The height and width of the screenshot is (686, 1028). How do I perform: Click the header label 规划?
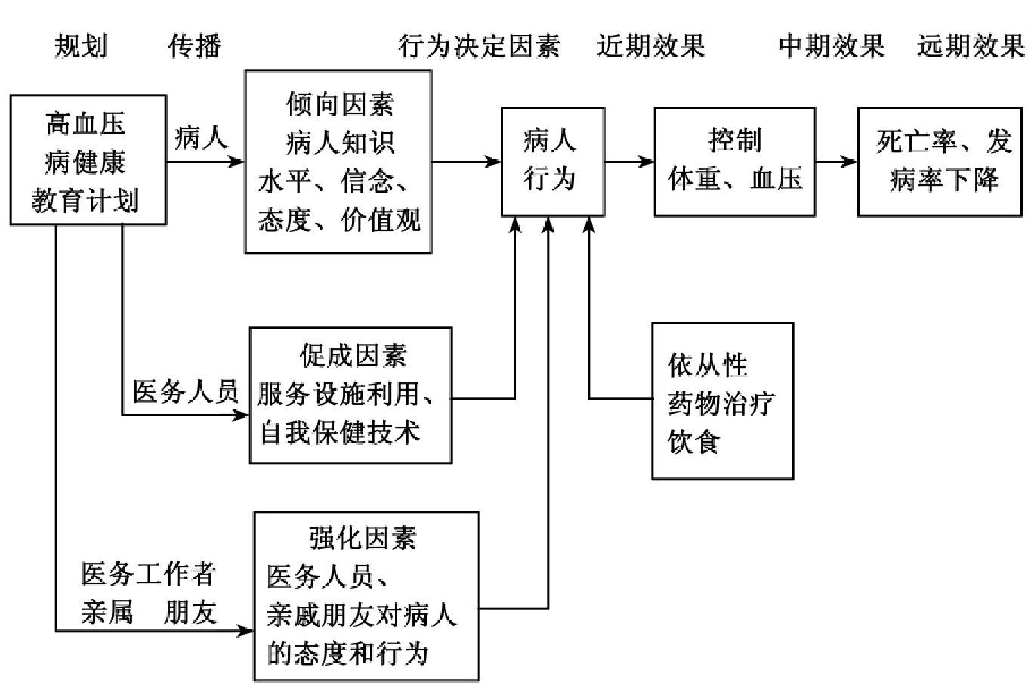80,47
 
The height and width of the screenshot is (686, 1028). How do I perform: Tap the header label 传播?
194,47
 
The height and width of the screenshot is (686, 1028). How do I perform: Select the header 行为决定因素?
480,47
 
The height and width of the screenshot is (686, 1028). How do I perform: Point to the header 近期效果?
651,47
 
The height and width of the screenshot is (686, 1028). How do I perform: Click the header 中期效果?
832,47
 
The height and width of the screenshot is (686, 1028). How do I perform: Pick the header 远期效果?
971,47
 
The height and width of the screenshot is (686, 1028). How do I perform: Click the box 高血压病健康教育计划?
88,160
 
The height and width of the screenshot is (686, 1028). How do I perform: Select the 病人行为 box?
553,160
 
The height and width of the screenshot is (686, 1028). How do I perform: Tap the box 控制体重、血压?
734,160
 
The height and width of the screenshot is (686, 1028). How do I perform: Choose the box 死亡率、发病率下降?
943,160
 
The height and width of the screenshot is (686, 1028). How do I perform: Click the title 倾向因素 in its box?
340,104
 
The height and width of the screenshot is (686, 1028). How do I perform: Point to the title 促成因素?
352,355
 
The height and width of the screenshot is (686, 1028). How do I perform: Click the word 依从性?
707,366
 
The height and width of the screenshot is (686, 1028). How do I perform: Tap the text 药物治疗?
721,403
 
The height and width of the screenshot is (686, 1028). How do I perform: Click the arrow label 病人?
201,138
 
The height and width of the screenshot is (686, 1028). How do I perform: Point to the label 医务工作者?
149,574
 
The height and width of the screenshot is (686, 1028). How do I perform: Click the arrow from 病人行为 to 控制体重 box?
630,161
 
